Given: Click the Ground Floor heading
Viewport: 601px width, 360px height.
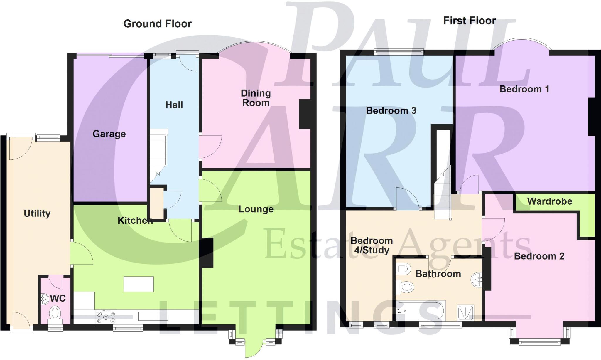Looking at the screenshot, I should pyautogui.click(x=158, y=24).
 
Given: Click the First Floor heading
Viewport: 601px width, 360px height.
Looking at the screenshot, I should pyautogui.click(x=470, y=21).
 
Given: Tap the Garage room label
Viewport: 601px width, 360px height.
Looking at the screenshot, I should pyautogui.click(x=109, y=134).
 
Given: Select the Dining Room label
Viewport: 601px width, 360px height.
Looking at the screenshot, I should pyautogui.click(x=256, y=98).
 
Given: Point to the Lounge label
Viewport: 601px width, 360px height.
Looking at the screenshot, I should pyautogui.click(x=256, y=209).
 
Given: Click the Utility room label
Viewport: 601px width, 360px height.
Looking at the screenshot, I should pyautogui.click(x=37, y=213).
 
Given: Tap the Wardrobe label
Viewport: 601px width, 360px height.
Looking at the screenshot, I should pyautogui.click(x=550, y=201).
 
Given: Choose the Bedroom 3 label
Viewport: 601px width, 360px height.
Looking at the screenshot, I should pyautogui.click(x=391, y=111).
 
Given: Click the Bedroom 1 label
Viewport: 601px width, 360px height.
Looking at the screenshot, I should pyautogui.click(x=524, y=89).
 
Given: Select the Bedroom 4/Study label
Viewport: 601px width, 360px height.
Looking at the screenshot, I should pyautogui.click(x=372, y=245).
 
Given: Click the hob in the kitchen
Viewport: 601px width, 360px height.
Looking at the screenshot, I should pyautogui.click(x=106, y=317).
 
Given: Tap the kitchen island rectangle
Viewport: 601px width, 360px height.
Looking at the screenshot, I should pyautogui.click(x=139, y=284).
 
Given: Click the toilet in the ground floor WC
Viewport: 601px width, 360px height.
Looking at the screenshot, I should pyautogui.click(x=55, y=313).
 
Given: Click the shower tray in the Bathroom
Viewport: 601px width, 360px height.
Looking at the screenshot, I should pyautogui.click(x=465, y=312).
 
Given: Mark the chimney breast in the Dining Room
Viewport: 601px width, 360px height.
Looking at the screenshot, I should pyautogui.click(x=305, y=115).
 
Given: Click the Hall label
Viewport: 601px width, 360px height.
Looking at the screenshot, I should pyautogui.click(x=174, y=105).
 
